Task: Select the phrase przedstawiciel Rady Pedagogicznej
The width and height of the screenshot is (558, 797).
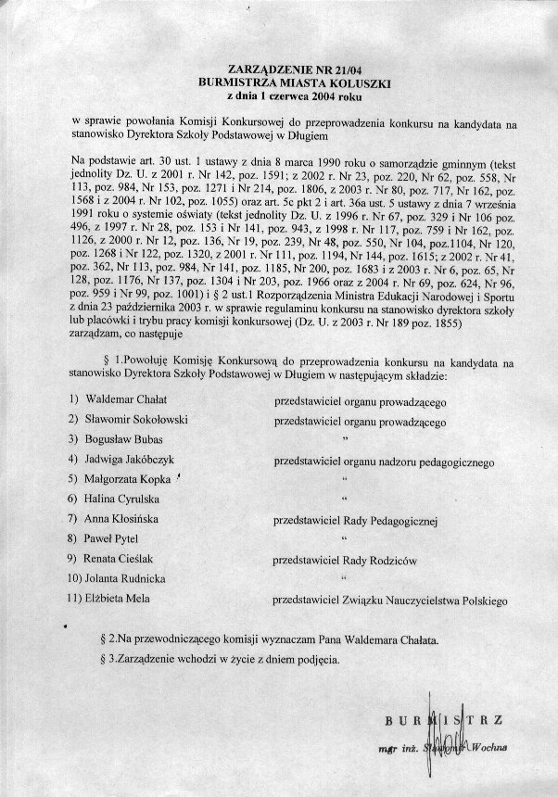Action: click(x=353, y=521)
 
